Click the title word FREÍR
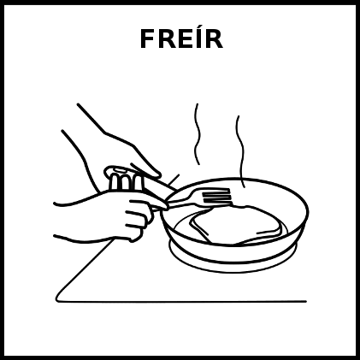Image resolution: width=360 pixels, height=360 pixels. [x=181, y=38]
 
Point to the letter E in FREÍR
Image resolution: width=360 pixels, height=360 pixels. [x=186, y=39]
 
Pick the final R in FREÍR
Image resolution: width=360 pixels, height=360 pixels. [x=214, y=39]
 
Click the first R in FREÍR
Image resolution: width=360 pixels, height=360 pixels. [x=168, y=39]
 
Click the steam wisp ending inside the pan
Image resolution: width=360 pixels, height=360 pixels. [x=240, y=151]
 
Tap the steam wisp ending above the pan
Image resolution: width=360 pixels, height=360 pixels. [x=198, y=134]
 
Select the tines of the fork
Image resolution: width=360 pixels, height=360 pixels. [x=216, y=196]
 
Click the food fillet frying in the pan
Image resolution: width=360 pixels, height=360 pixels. [x=237, y=225]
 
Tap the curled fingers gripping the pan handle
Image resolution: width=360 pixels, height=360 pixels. [x=126, y=181]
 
